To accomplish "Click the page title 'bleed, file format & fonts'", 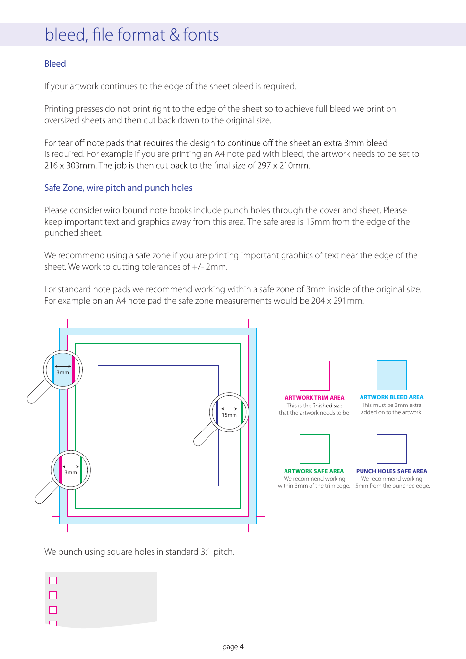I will coord(131,35).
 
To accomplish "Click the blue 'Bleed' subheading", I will coord(55,64).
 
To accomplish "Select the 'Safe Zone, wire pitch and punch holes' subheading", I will coord(118,188).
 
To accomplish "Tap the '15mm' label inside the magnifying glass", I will coord(229,415).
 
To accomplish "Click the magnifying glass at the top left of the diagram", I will coord(63,370).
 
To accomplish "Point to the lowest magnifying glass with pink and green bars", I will coord(71,470).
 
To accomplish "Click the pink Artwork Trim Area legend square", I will coord(314,376).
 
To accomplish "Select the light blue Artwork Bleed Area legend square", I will coord(391,375).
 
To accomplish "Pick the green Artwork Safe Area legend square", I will coord(314,449).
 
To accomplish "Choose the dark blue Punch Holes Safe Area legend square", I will coord(391,449).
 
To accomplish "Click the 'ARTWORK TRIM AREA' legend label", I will coord(314,398).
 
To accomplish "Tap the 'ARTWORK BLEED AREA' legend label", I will coord(391,397).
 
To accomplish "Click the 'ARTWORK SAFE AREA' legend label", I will coord(314,471).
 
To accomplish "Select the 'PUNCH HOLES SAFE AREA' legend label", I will coord(391,471).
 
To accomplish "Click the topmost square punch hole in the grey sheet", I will coord(53,581).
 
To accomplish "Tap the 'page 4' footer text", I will coord(233,647).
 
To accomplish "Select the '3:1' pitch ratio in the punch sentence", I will coord(206,552).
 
